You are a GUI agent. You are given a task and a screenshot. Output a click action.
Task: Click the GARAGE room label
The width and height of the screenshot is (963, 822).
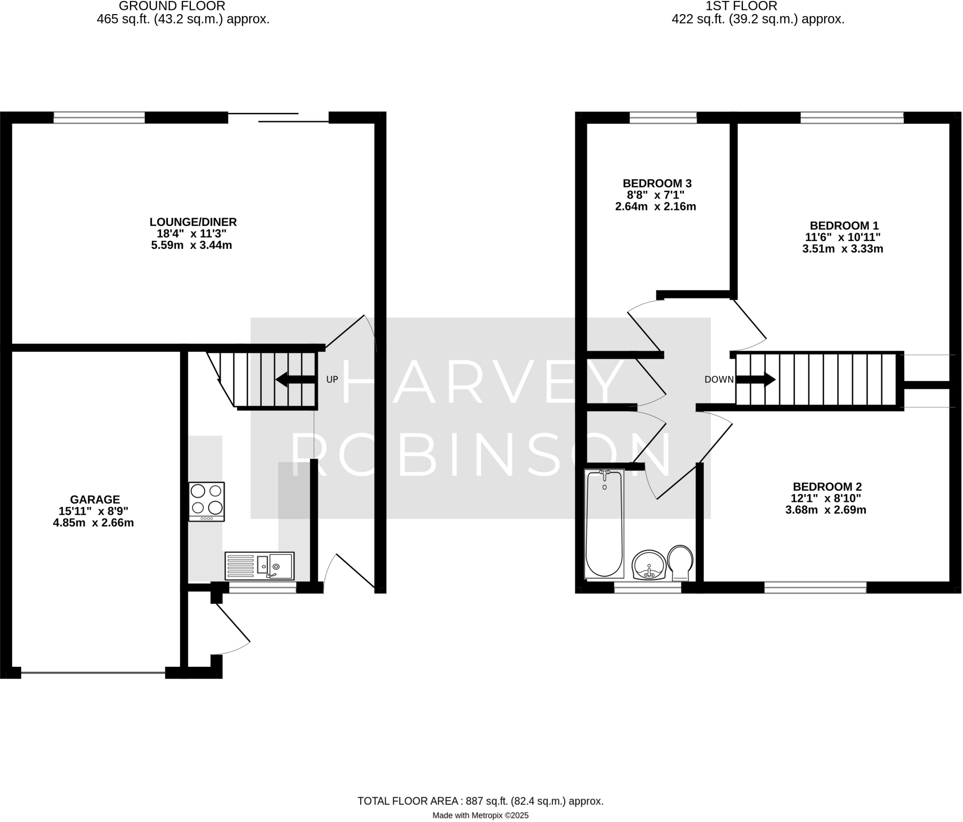tap(95, 499)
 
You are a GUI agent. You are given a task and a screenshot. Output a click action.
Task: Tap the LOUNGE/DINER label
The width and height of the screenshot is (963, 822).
tap(193, 222)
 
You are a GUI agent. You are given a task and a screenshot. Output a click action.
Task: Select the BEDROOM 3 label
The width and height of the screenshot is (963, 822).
tap(657, 183)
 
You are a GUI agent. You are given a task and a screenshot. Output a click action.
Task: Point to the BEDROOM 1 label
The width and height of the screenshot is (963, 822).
tap(844, 225)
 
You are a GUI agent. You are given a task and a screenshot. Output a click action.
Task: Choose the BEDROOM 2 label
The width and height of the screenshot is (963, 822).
tap(827, 487)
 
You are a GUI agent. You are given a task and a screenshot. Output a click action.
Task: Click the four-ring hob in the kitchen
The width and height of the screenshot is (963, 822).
tap(206, 501)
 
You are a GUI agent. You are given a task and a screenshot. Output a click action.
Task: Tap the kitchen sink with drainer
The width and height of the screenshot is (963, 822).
tap(260, 566)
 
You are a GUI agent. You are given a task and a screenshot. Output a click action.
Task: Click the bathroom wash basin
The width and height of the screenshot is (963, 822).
tap(649, 565)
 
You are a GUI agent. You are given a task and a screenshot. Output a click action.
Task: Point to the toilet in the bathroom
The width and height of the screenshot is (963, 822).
tap(680, 562)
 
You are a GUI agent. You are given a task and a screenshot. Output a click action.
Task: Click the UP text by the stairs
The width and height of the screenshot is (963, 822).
tap(332, 379)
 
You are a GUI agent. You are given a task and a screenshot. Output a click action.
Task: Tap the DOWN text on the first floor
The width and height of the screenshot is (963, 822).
tap(719, 379)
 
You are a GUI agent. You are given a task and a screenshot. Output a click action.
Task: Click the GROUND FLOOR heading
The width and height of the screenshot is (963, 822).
tap(172, 6)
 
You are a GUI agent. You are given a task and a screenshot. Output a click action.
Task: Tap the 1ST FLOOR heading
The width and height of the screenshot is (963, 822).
tap(742, 6)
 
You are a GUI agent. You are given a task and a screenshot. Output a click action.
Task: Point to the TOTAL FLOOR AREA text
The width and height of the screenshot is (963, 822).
tap(480, 801)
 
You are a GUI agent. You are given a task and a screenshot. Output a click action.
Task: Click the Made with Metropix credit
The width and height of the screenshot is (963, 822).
tap(480, 815)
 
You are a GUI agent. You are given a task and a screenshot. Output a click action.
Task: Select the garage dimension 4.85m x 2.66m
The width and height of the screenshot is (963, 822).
tap(93, 523)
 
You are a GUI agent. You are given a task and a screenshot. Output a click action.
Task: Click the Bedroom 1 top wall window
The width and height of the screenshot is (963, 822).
tap(852, 118)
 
